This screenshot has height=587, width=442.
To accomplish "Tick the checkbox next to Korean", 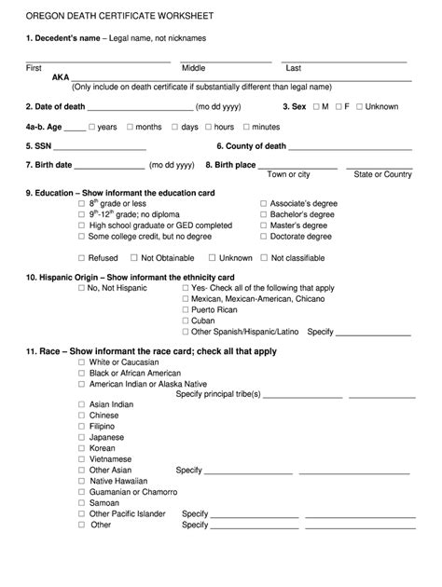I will coord(82,448).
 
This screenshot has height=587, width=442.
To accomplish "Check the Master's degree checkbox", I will coord(264,225).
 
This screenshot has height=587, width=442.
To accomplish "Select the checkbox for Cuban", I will coord(186,320).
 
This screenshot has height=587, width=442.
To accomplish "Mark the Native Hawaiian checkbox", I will coord(82,481).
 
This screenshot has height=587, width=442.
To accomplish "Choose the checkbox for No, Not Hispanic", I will coord(82,289).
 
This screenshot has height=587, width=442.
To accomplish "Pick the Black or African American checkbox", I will coord(82,373).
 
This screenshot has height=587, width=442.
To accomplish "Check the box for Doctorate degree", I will coord(264,237).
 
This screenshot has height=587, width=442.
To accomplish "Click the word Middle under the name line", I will coord(193,68).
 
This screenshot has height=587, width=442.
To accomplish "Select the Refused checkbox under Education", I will coord(82,258).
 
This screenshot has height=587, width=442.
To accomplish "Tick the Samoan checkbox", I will coord(82,502).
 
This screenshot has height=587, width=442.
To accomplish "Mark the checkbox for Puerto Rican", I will coord(186,309).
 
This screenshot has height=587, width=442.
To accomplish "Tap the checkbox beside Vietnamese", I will coord(82,459).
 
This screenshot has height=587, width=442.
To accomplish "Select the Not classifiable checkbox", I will coord(264,258).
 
